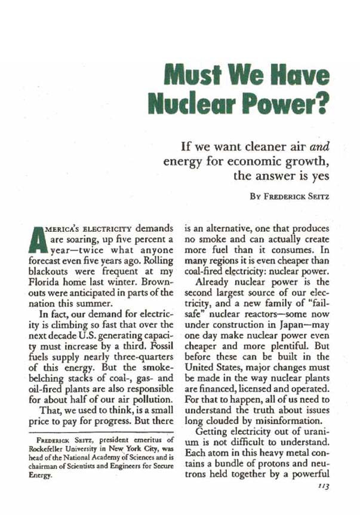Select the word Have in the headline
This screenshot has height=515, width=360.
pyautogui.click(x=300, y=76)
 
